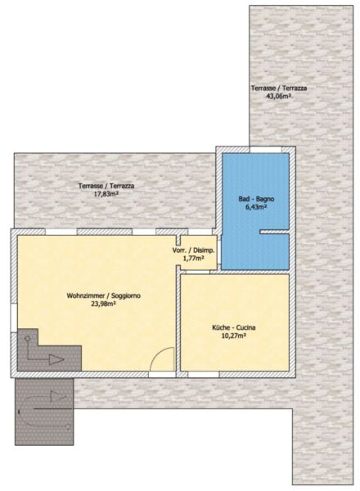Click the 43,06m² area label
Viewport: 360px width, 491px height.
coord(278,96)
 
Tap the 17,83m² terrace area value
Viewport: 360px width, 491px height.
coord(106,194)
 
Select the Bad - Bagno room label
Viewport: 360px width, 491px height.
coord(256,199)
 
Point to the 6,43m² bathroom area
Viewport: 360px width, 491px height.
coord(256,207)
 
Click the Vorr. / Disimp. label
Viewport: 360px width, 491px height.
coord(193,250)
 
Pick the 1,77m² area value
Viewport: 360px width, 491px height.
coord(193,259)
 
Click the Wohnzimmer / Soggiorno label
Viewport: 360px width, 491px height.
coord(104,295)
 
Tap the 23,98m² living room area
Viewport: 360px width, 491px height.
coord(104,304)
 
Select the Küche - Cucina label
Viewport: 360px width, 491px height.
coord(234,327)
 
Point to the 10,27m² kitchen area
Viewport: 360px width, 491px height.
coord(234,336)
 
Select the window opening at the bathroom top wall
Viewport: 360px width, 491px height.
coord(265,150)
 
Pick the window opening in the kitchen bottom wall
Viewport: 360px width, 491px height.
coord(204,375)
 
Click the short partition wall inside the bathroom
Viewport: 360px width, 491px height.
coord(274,232)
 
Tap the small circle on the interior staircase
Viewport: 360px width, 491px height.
coord(28,339)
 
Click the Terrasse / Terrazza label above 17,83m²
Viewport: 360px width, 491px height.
coord(106,186)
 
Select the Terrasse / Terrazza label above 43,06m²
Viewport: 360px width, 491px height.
coord(279,88)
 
